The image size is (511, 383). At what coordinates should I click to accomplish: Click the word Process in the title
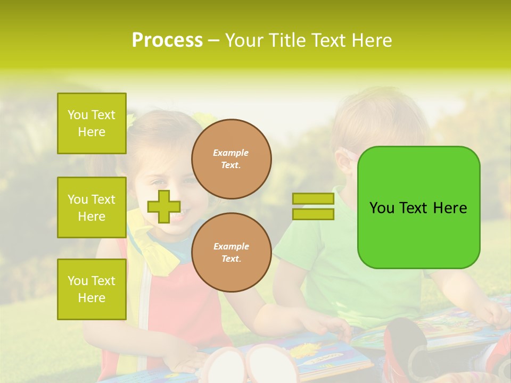tap(167, 40)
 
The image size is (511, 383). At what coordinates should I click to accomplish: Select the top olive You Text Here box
tap(92, 123)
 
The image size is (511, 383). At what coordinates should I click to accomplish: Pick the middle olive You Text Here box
tap(92, 207)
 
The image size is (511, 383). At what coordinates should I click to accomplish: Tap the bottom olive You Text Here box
tap(92, 289)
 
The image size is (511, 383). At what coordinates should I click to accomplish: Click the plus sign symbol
tap(163, 206)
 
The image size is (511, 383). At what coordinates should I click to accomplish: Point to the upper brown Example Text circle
tap(231, 159)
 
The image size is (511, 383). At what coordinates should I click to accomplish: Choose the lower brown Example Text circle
tap(231, 253)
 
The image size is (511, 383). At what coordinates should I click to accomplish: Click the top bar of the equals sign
tap(313, 199)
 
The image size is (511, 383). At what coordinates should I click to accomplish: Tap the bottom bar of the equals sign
tap(313, 214)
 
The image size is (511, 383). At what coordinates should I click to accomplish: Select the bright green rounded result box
tap(418, 207)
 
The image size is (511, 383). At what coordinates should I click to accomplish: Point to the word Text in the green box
tap(413, 208)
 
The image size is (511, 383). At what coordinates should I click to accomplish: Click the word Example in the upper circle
tap(231, 153)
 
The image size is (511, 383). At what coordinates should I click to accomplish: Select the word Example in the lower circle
tap(231, 246)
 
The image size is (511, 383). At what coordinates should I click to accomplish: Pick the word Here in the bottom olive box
tap(92, 298)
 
